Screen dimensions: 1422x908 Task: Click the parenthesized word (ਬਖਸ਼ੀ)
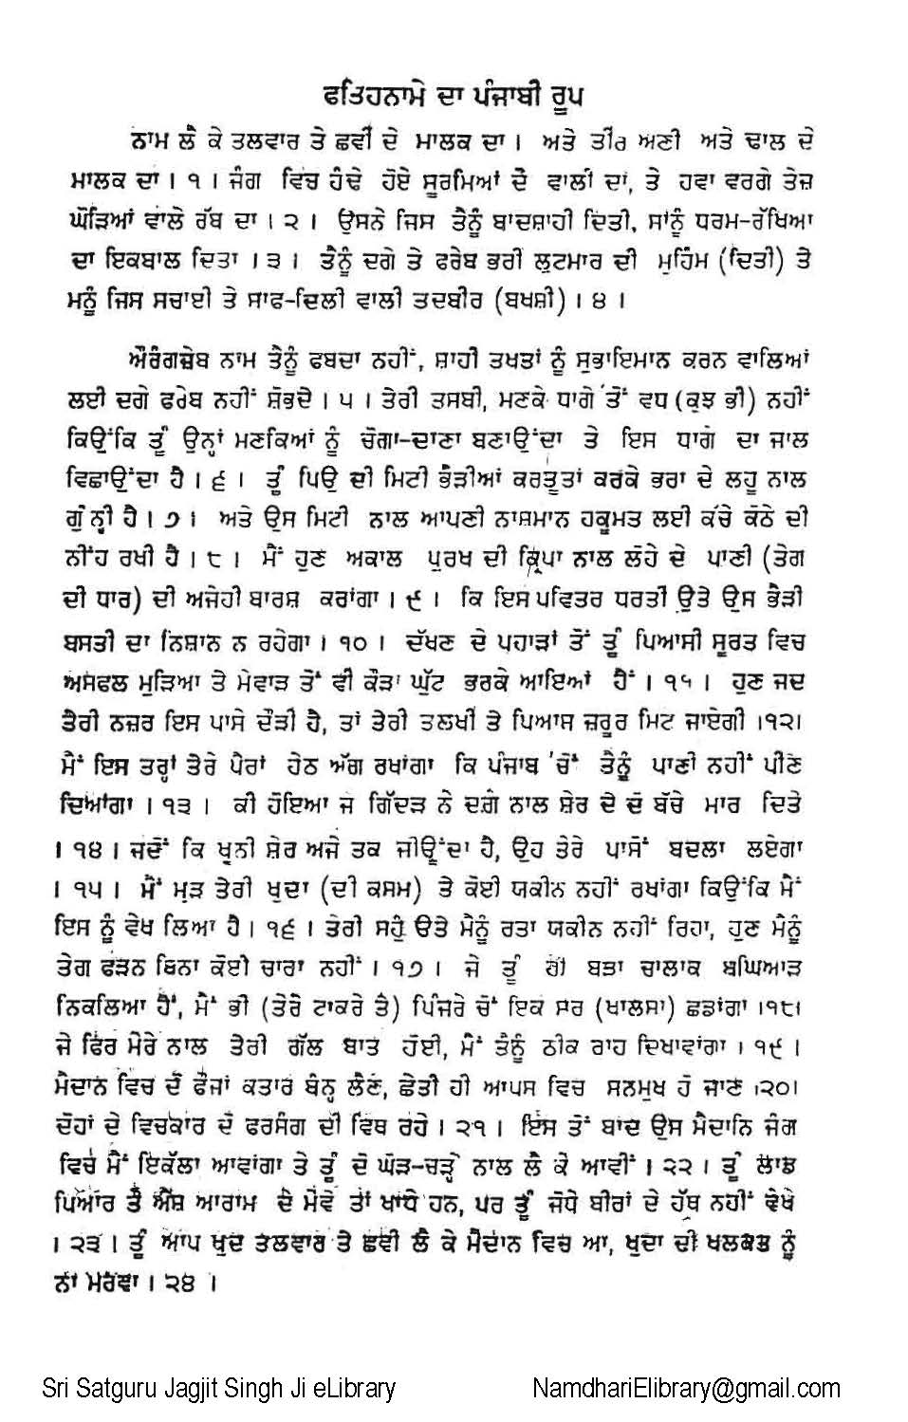[x=532, y=302]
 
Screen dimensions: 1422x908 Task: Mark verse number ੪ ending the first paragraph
[x=598, y=303]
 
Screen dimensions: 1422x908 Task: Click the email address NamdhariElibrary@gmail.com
[x=686, y=1389]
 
